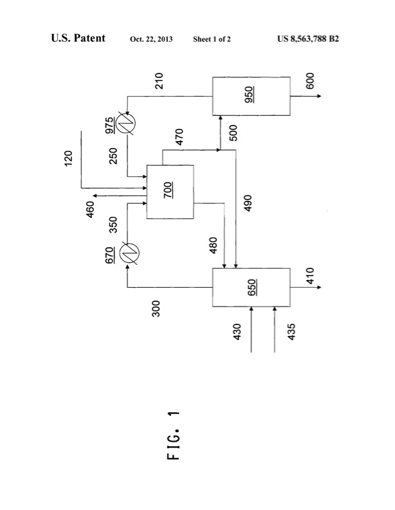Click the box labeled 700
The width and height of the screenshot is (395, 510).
(x=170, y=192)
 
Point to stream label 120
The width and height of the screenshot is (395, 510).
(x=69, y=158)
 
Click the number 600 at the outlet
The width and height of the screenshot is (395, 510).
(x=310, y=82)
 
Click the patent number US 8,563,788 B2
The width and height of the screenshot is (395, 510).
(x=308, y=39)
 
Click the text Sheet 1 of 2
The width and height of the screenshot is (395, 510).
(x=212, y=39)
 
